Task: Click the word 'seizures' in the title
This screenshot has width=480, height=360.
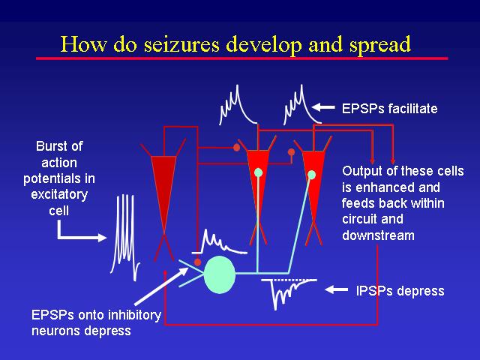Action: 181,44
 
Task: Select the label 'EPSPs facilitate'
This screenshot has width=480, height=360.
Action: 389,109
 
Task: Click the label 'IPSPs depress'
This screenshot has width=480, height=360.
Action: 400,291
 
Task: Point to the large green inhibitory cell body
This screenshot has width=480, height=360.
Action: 220,274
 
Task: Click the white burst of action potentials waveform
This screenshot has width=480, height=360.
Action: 125,237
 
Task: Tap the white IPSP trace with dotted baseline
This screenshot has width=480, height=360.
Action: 288,293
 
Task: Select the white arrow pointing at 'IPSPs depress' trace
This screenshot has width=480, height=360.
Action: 336,289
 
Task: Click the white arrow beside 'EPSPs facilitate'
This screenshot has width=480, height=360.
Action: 323,107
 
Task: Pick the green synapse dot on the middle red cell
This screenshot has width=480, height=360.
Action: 258,172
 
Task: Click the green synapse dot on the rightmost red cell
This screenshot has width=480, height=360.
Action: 312,175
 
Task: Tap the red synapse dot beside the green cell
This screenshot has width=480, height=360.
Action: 198,262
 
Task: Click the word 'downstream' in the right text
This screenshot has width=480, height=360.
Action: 378,235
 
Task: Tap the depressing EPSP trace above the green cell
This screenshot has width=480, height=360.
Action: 219,241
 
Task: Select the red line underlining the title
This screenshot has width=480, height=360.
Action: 241,58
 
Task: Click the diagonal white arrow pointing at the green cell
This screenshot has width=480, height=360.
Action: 161,286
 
